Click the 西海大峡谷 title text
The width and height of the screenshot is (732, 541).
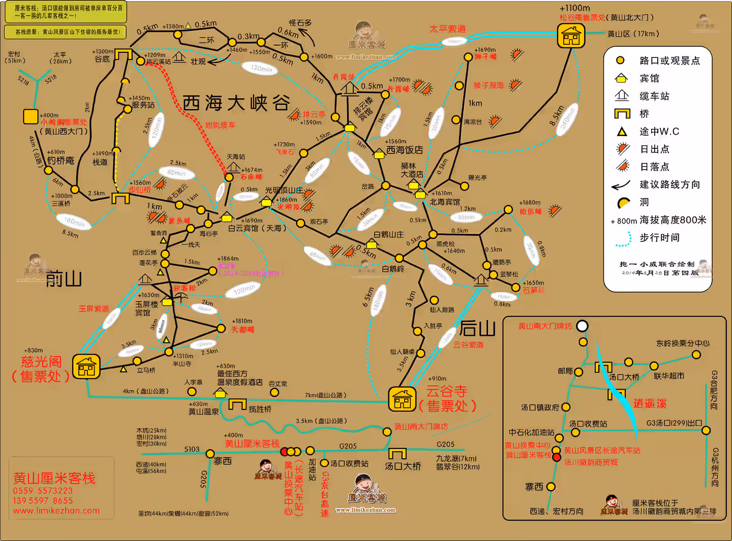[x=236, y=103]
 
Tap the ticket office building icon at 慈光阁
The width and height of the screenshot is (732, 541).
[x=86, y=366]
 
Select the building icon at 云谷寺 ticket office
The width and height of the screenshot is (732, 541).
[x=402, y=399]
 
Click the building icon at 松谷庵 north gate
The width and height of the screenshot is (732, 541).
[x=571, y=36]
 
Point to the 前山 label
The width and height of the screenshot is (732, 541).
[x=64, y=279]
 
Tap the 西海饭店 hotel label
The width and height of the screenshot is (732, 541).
[x=405, y=150]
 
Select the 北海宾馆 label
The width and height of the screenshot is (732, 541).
[x=445, y=202]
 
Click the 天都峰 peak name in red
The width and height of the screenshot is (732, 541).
[x=242, y=330]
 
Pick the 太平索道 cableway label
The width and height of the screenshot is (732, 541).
[x=447, y=29]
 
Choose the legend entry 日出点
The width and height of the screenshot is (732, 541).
[x=654, y=149]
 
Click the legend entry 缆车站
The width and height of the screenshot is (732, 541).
[x=654, y=96]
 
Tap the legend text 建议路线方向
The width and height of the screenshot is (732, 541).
[x=669, y=184]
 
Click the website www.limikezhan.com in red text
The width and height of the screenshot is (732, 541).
[x=56, y=511]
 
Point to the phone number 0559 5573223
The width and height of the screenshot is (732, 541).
[x=43, y=491]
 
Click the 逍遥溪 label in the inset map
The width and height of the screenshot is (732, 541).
[x=650, y=403]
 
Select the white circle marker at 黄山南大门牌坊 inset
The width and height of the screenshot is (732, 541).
[x=582, y=326]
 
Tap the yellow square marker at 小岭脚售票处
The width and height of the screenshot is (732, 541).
[x=30, y=116]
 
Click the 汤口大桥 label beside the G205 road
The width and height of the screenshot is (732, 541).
[x=403, y=466]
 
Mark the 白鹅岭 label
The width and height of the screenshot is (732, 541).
[x=393, y=269]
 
